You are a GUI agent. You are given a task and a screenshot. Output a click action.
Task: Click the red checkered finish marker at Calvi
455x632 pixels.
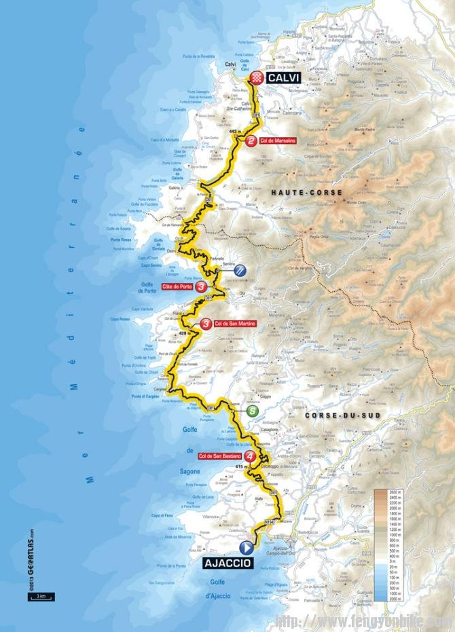pos(256,78)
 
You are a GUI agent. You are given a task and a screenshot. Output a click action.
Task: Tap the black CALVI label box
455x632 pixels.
pos(281,78)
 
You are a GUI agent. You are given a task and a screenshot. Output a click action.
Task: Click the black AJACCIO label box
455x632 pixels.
pos(227,563)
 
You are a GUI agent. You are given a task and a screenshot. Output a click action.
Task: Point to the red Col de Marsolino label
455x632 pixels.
pos(278,141)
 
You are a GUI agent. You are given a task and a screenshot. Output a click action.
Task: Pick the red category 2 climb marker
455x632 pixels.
pos(251,141)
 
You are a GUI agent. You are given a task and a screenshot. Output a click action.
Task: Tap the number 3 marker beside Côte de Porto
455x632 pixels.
pos(202,287)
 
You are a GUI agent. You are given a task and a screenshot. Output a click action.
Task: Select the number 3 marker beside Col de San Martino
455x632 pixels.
pos(205,324)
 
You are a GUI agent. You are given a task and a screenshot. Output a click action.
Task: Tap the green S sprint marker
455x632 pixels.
pos(252,410)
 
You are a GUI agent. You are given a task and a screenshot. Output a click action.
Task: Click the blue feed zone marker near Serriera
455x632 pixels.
pos(239,270)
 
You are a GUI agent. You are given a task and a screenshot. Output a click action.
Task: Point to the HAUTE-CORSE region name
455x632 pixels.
pos(297,193)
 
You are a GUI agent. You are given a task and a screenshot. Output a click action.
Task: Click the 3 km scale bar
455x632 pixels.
pos(41,597)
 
